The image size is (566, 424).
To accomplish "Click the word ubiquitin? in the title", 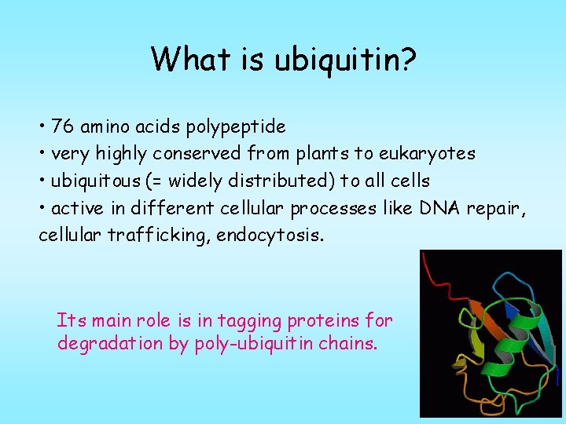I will pos(344,59).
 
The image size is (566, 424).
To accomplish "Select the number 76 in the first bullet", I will pos(63,126).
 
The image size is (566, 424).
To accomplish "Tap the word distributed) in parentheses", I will pos(277,181).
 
